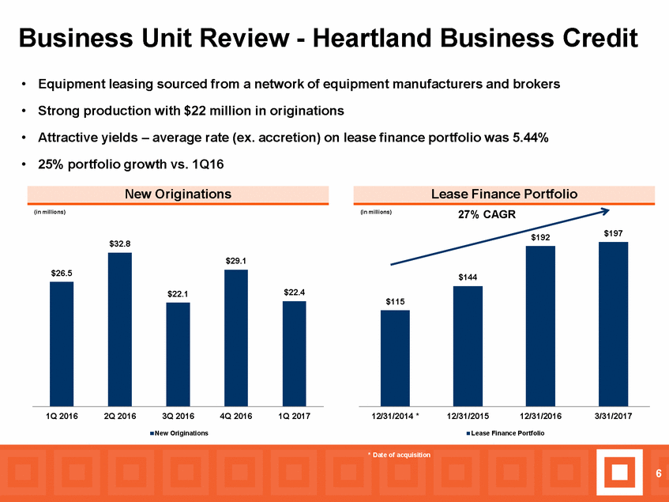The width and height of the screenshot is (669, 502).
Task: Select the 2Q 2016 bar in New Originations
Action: [x=120, y=329]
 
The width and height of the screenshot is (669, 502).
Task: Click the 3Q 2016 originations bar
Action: [x=178, y=354]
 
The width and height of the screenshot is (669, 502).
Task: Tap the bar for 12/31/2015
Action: [x=468, y=345]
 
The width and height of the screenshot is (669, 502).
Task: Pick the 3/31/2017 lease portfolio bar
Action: [x=613, y=324]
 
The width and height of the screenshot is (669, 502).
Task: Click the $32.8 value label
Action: [x=120, y=243]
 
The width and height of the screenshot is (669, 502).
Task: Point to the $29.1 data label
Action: [x=236, y=261]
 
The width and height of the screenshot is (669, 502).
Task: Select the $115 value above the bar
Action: [x=395, y=302]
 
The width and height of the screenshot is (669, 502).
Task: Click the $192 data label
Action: [x=540, y=237]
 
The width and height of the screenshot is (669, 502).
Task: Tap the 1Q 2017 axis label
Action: [x=294, y=416]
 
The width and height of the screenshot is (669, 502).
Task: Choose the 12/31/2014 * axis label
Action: [x=396, y=416]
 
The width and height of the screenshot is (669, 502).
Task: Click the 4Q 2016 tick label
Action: [x=236, y=416]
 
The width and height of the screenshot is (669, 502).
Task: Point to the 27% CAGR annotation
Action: [x=487, y=214]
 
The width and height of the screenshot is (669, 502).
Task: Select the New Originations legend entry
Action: [x=179, y=433]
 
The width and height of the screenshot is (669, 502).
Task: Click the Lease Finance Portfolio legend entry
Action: [x=506, y=433]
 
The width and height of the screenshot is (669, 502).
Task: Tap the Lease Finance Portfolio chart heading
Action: [x=504, y=194]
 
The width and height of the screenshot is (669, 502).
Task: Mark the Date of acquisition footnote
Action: [x=400, y=455]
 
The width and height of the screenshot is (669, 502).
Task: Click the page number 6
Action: [x=659, y=473]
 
